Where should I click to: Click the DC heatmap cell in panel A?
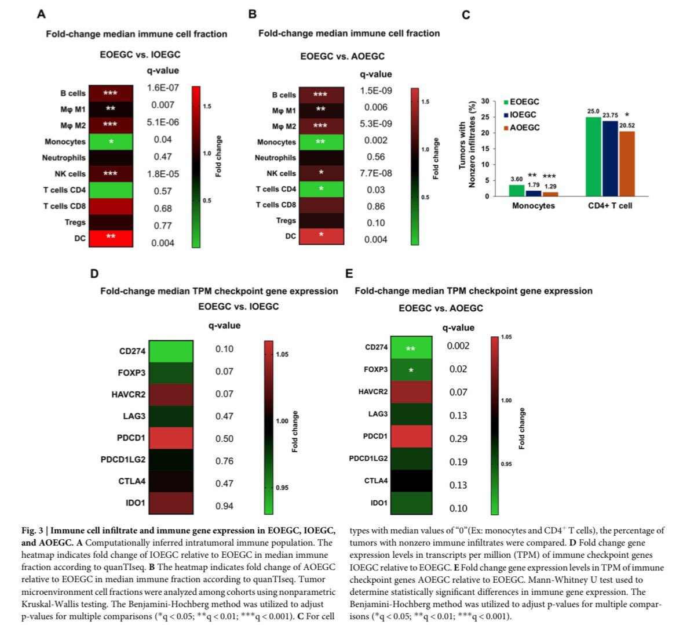click(111, 238)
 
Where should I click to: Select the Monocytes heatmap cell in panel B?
click(322, 142)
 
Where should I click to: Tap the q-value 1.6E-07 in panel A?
click(163, 88)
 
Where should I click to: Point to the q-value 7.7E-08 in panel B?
click(376, 173)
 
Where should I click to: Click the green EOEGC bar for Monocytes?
click(517, 191)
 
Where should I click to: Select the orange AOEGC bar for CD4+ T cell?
click(627, 163)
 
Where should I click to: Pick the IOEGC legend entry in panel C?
click(520, 115)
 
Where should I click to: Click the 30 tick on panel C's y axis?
click(485, 101)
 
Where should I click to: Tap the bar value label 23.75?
click(610, 115)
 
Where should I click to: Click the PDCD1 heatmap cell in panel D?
click(171, 438)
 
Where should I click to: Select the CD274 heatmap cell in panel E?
click(411, 348)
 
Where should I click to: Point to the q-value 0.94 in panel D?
click(224, 506)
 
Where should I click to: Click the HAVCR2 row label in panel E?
click(373, 392)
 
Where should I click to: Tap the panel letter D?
click(94, 274)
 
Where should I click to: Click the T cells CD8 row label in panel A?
click(64, 206)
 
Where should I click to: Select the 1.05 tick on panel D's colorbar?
click(282, 354)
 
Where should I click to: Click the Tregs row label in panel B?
click(286, 220)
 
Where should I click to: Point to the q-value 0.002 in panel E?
click(458, 346)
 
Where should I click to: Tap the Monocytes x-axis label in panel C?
click(533, 206)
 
